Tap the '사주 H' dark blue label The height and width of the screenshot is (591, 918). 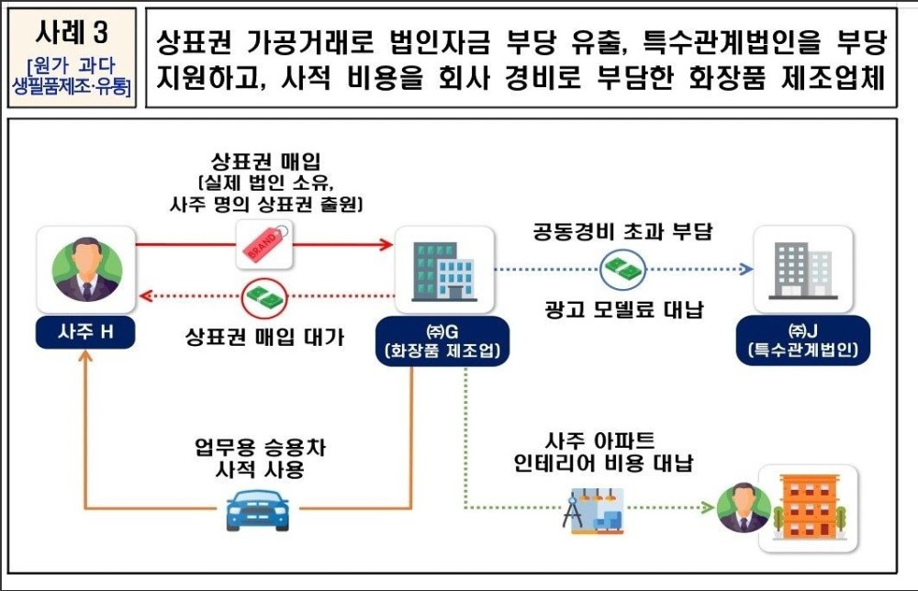86,331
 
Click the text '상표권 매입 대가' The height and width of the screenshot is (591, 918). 264,337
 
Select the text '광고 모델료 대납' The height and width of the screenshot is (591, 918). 624,309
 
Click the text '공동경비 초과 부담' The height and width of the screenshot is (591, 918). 624,231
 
